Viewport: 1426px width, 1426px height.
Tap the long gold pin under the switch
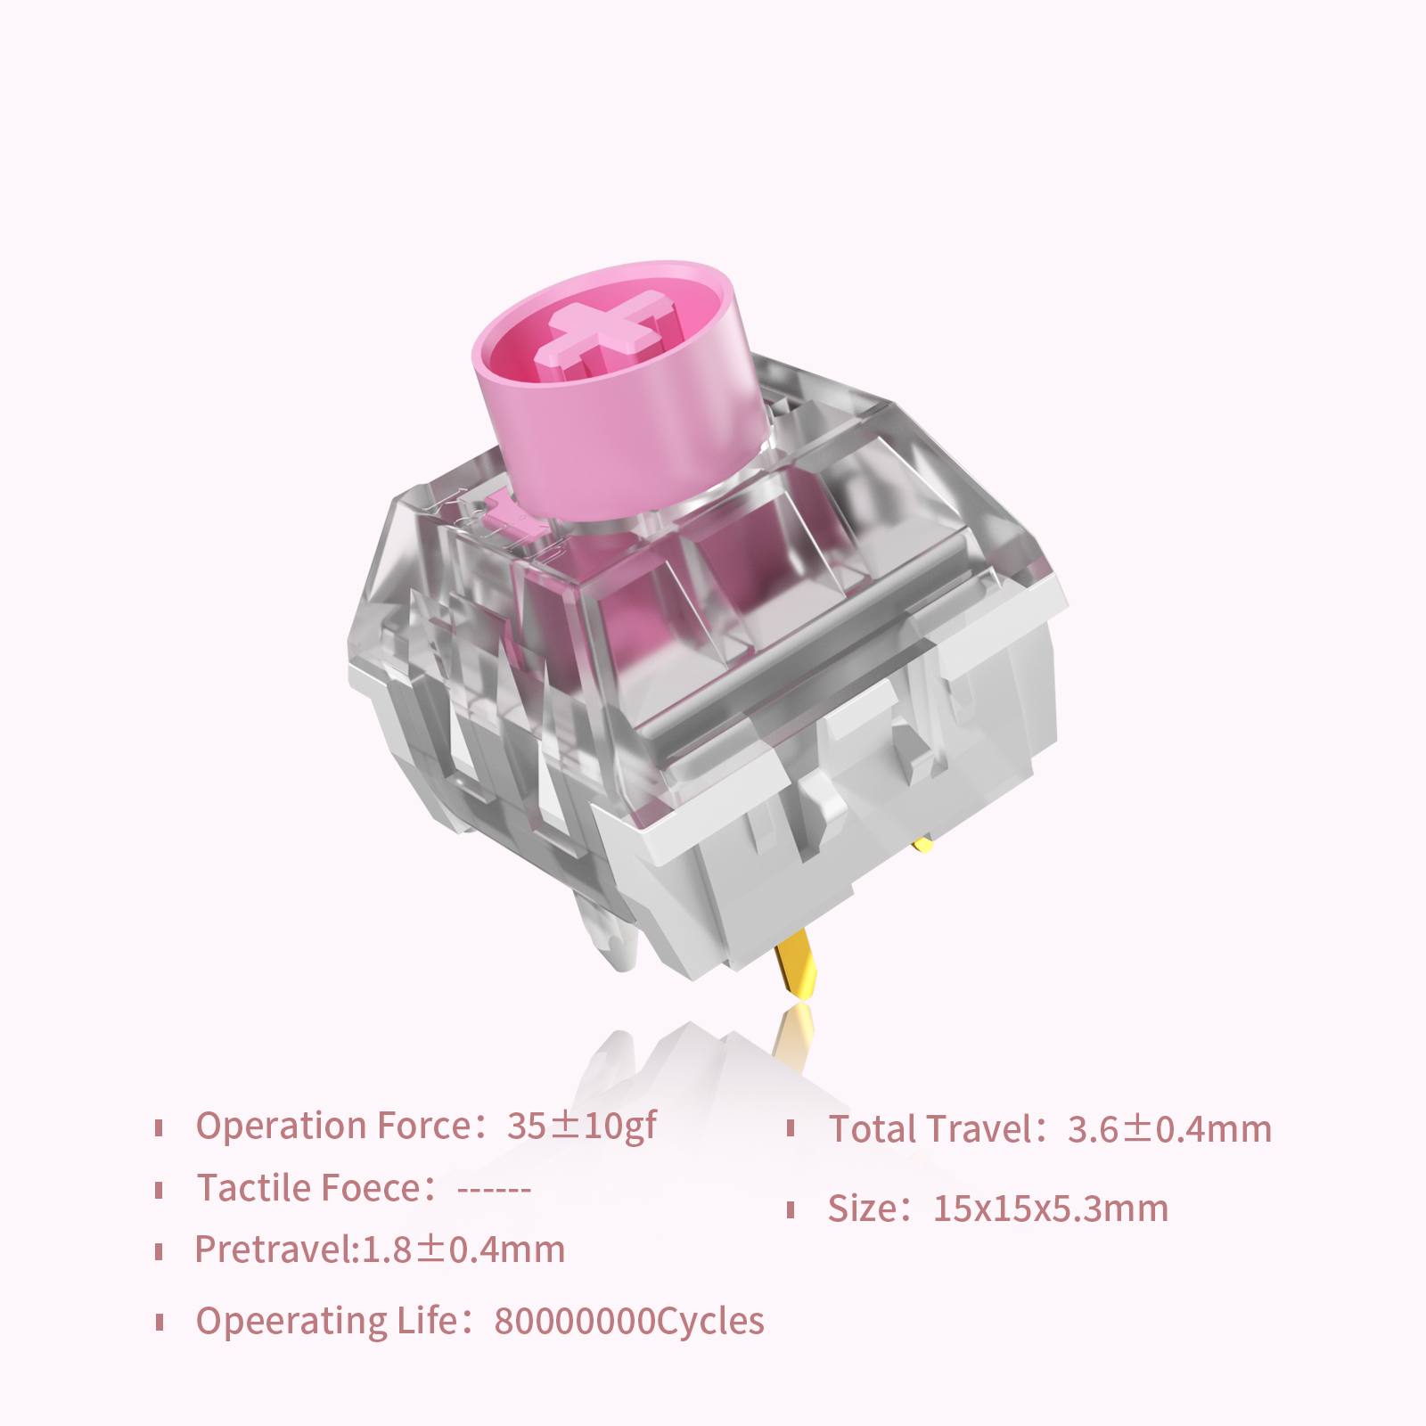796,963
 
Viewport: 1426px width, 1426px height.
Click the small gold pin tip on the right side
923,843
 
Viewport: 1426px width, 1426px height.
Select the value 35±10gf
582,1127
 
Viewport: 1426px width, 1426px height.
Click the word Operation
282,1127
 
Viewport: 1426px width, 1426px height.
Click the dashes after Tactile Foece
494,1191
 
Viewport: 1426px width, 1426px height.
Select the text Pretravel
275,1250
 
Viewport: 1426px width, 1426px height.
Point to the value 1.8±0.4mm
463,1250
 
